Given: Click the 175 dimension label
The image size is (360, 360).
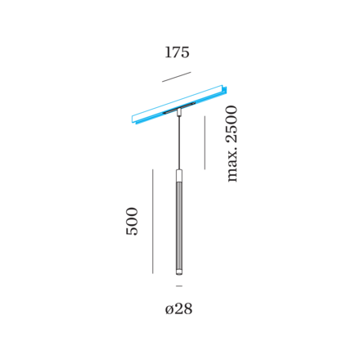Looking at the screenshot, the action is pyautogui.click(x=177, y=52).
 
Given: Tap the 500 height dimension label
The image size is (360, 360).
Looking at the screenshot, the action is pyautogui.click(x=132, y=221).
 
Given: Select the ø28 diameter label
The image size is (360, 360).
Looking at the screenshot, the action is pyautogui.click(x=179, y=309).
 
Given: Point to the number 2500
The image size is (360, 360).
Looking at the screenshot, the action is pyautogui.click(x=232, y=124).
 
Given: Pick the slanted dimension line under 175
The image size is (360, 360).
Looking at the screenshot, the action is pyautogui.click(x=177, y=77).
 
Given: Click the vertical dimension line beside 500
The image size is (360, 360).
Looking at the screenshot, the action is pyautogui.click(x=153, y=221).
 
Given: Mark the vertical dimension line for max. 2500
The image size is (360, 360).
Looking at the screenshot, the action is pyautogui.click(x=205, y=142).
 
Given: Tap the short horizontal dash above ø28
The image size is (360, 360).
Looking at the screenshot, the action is pyautogui.click(x=179, y=286).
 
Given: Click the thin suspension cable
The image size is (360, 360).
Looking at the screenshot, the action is pyautogui.click(x=179, y=142).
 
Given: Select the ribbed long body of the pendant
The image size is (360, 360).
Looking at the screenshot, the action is pyautogui.click(x=179, y=226).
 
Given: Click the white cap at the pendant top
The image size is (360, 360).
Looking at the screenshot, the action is pyautogui.click(x=179, y=176).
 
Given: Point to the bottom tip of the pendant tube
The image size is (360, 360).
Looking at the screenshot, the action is pyautogui.click(x=179, y=275).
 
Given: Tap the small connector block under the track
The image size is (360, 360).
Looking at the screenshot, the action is pyautogui.click(x=179, y=112).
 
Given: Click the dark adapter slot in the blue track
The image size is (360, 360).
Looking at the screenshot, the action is pyautogui.click(x=179, y=107).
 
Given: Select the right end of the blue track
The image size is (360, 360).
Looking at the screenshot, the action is pyautogui.click(x=225, y=90).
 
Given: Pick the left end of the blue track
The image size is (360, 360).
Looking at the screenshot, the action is pyautogui.click(x=133, y=120).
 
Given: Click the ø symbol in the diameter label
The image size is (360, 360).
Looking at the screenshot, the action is pyautogui.click(x=169, y=310).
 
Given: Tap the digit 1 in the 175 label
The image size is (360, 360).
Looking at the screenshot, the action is pyautogui.click(x=168, y=52).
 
